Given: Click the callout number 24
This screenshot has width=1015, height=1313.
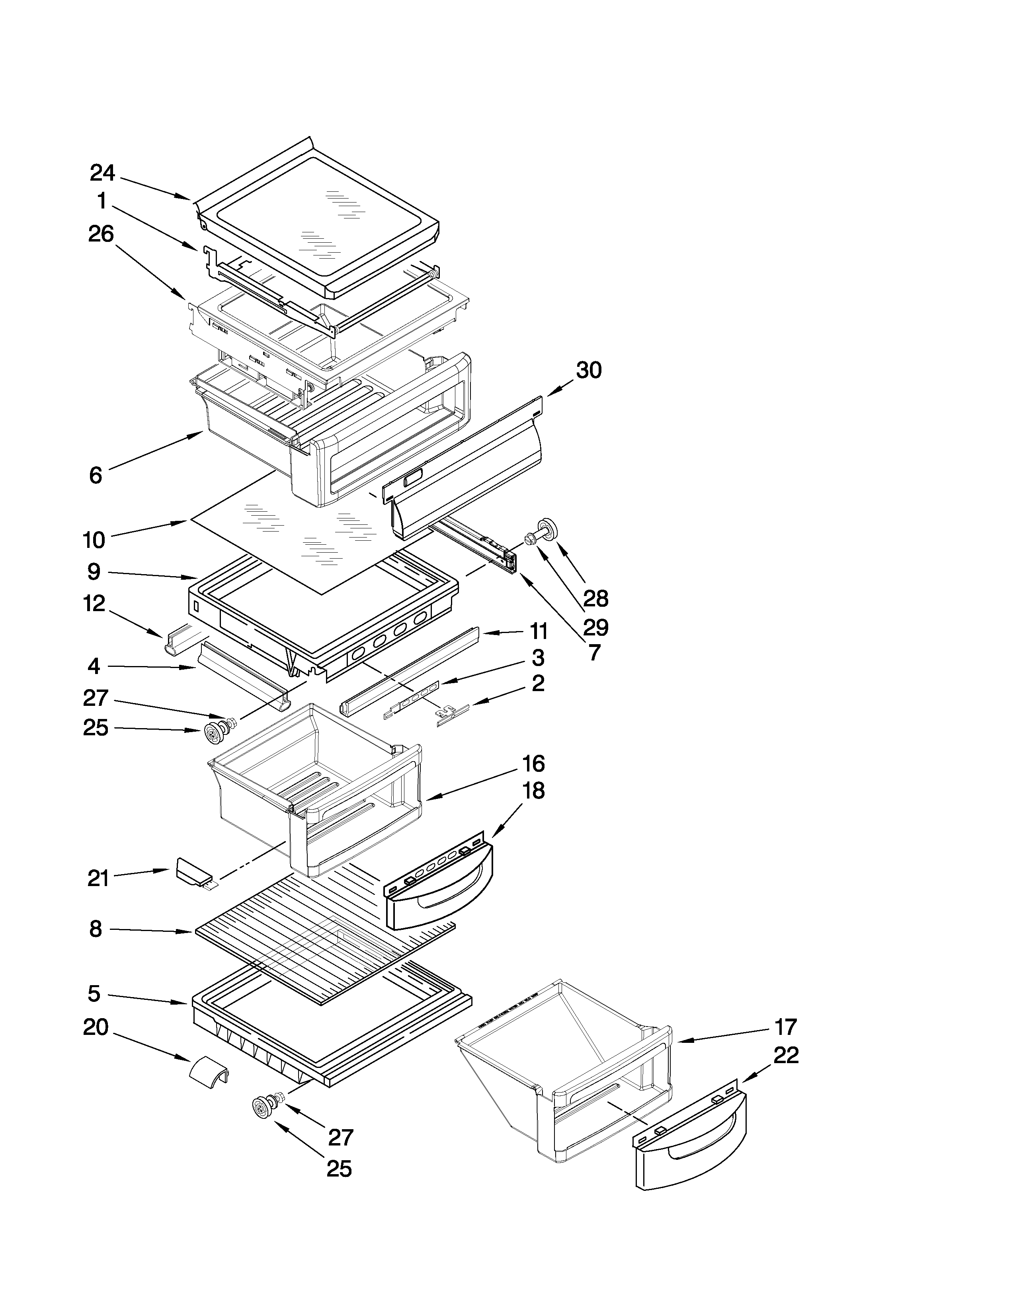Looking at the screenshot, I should point(102,173).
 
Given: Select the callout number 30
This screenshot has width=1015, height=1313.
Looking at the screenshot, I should point(589,370).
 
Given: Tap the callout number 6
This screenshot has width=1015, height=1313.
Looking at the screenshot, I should point(95,475).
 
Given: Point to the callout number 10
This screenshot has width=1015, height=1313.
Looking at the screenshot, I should point(94,540).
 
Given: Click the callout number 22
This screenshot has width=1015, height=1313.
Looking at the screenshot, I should point(786,1055).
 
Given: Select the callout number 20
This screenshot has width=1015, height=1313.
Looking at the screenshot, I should point(96,1027).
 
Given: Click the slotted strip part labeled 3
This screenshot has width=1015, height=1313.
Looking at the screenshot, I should point(412,699).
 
